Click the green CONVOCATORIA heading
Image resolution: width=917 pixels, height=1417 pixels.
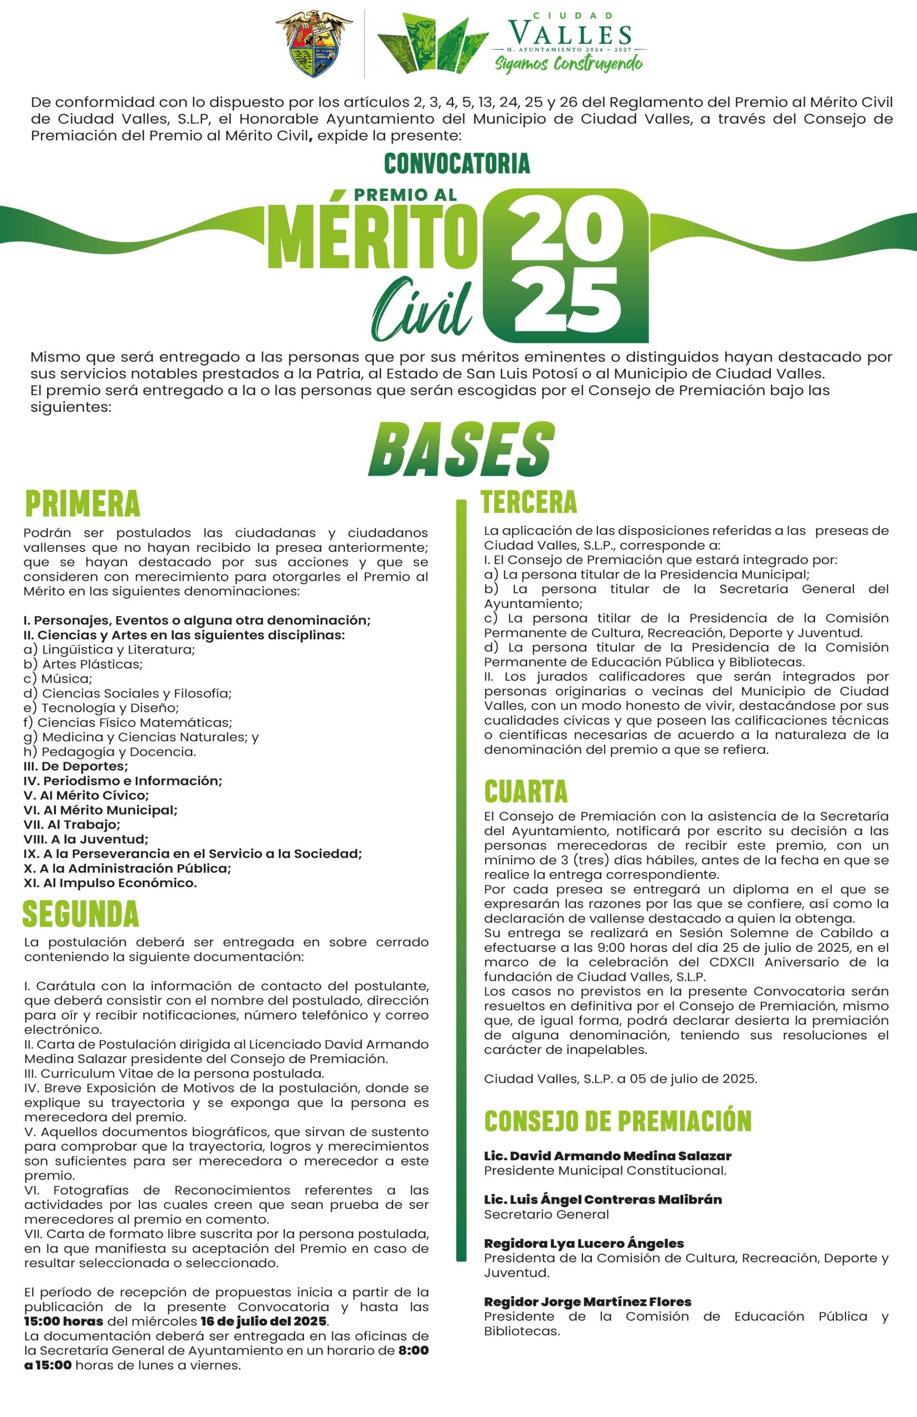click(457, 164)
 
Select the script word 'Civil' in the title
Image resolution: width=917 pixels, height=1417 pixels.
click(422, 309)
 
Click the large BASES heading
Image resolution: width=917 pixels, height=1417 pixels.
click(461, 451)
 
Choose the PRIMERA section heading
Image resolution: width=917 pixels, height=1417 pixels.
click(83, 504)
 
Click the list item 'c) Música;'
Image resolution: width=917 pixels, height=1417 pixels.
click(58, 679)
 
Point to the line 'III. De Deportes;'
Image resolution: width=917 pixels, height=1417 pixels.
click(76, 766)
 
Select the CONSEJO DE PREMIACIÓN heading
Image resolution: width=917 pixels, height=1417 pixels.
click(617, 1121)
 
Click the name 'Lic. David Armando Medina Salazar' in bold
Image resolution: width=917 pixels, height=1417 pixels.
click(607, 1156)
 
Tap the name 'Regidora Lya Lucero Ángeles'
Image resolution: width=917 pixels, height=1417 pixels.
click(584, 1243)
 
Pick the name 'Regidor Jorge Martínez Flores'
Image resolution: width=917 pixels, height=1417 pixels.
click(588, 1301)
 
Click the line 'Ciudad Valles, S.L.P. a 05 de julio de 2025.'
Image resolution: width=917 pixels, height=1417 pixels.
click(620, 1079)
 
